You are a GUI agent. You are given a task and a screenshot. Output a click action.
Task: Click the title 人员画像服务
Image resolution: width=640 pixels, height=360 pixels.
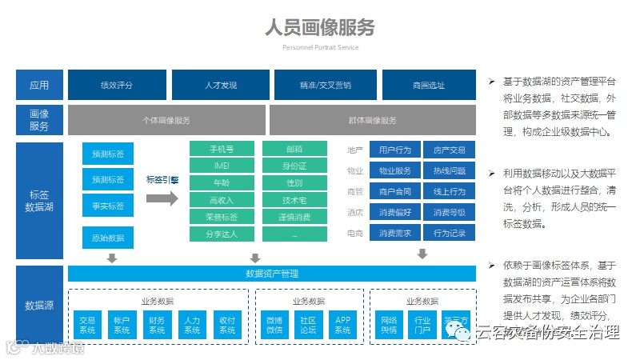coord(320,27)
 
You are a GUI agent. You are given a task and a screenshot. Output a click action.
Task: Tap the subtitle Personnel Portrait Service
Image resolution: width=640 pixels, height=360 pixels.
coord(320,47)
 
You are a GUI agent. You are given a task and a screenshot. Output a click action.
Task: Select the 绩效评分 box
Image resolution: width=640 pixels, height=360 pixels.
coord(117,84)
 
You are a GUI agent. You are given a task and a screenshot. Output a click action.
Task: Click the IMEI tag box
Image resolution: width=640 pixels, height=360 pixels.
coord(222,166)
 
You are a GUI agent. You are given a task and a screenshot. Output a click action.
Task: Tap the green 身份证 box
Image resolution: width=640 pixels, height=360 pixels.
coord(294,166)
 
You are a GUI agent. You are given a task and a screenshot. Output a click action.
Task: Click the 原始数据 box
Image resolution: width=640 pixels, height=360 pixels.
coord(108,238)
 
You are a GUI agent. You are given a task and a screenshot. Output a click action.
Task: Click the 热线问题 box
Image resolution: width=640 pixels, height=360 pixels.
coord(449,170)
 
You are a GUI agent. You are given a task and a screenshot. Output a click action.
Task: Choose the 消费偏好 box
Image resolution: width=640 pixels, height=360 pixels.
coord(394,213)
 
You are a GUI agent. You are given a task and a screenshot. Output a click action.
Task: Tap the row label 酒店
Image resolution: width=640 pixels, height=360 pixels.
coord(355,213)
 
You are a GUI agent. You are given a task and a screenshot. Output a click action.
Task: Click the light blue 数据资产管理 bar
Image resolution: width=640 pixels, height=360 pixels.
coord(272,274)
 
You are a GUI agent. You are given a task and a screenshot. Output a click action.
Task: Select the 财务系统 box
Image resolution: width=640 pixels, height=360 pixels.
coord(157,325)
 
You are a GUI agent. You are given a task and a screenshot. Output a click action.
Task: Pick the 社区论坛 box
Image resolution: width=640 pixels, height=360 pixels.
coord(308,325)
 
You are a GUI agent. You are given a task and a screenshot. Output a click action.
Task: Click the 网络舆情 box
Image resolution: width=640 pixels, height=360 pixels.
coord(388,325)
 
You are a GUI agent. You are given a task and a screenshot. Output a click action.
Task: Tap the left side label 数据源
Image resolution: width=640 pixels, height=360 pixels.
coord(39,305)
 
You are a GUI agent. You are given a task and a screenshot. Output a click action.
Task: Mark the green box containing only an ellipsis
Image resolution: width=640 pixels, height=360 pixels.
coord(294,234)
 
